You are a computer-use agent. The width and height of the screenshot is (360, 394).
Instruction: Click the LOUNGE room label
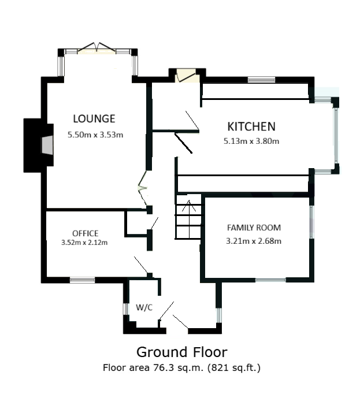[x=94, y=118]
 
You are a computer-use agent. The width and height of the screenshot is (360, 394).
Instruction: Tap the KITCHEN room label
[x=251, y=127]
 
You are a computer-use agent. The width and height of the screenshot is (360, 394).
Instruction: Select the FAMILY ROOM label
[x=254, y=228]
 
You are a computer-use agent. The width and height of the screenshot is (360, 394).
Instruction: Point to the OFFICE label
[x=85, y=233]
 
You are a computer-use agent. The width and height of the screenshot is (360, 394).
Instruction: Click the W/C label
[x=144, y=307]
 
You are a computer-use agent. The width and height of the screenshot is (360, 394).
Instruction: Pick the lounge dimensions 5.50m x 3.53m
[x=95, y=135]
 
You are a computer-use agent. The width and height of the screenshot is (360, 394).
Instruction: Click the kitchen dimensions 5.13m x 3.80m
[x=251, y=141]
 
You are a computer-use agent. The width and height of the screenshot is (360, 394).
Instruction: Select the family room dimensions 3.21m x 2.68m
[x=254, y=241]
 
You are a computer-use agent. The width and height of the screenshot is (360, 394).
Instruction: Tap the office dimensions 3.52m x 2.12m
[x=84, y=243]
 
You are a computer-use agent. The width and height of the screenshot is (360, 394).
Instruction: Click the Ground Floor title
[x=182, y=352]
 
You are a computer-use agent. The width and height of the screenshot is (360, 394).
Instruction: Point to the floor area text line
[x=181, y=367]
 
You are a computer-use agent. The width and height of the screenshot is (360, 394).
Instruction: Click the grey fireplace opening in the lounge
[x=47, y=145]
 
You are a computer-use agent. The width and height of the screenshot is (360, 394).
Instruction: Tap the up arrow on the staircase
[x=189, y=206]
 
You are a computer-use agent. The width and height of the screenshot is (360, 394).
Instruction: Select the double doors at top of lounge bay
[x=97, y=49]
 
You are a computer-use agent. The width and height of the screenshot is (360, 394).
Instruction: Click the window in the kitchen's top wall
[x=261, y=80]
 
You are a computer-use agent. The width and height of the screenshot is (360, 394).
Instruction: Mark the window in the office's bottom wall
[x=83, y=280]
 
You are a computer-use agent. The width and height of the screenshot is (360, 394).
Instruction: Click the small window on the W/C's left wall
[x=126, y=309]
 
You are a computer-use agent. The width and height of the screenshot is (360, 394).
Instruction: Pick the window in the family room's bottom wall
[x=271, y=280]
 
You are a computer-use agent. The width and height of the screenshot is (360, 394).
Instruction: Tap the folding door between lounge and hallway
[x=143, y=188]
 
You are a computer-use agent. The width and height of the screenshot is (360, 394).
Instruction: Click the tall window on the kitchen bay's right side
[x=336, y=135]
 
